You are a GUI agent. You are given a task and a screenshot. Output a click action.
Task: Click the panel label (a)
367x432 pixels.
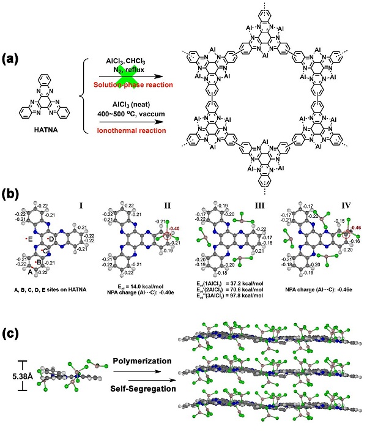coord(14,60)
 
